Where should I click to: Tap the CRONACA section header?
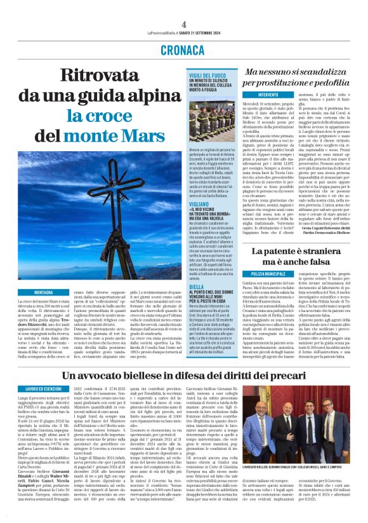(183, 50)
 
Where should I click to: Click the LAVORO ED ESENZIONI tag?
(43, 388)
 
